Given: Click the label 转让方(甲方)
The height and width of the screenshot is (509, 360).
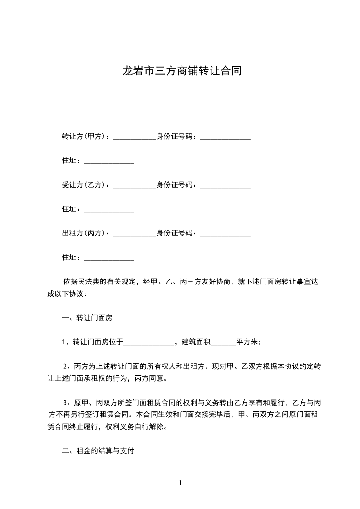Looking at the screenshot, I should click(x=84, y=136).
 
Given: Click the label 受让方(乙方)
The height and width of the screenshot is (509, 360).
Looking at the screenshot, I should click(x=84, y=185).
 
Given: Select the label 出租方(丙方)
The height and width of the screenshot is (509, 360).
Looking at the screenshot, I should click(x=84, y=234).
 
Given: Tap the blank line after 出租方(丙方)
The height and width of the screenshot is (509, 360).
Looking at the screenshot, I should click(x=134, y=235).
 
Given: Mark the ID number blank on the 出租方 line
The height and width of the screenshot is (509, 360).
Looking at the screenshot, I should click(x=225, y=235).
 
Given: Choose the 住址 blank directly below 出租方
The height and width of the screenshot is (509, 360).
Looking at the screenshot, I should click(x=109, y=259).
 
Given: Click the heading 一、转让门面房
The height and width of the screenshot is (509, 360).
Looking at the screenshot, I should click(x=87, y=318).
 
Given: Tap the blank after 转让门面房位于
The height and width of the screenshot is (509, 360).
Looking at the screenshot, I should click(x=149, y=343).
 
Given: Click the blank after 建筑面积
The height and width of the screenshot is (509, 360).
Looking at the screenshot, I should click(x=223, y=343).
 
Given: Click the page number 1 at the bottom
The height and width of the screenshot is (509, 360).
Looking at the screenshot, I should click(x=180, y=484).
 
